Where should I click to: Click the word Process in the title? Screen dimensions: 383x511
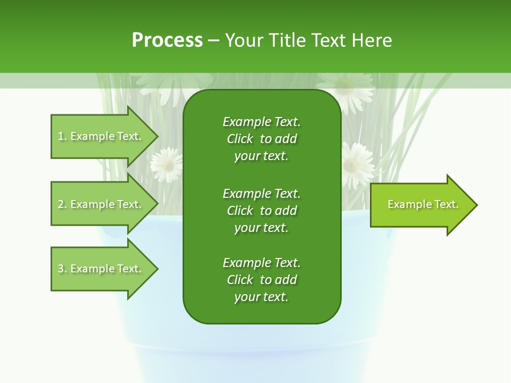[167, 40]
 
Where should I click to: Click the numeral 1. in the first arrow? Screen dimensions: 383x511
[62, 136]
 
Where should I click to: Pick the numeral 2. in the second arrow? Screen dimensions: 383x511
[62, 204]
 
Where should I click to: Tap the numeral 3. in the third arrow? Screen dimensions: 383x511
[62, 269]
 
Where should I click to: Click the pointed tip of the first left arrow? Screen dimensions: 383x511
[157, 136]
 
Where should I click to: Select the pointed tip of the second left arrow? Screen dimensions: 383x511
[157, 204]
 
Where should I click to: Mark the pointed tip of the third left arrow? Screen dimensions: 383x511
[157, 269]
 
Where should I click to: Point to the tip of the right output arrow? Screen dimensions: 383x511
[476, 205]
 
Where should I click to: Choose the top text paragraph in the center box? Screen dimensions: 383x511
[261, 139]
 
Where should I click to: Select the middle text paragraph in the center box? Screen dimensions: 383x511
[261, 210]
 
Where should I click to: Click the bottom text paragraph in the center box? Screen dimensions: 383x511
[261, 280]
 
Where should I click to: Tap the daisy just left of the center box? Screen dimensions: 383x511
[167, 164]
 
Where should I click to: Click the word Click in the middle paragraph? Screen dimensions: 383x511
[240, 211]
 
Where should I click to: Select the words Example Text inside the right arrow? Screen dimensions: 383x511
[423, 204]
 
